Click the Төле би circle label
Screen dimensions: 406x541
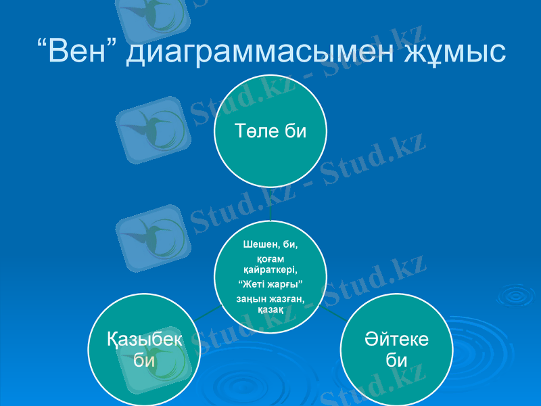(270, 131)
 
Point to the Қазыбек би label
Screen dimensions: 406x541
(144, 349)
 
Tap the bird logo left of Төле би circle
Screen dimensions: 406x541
(150, 129)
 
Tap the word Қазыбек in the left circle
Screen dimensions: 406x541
(144, 340)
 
